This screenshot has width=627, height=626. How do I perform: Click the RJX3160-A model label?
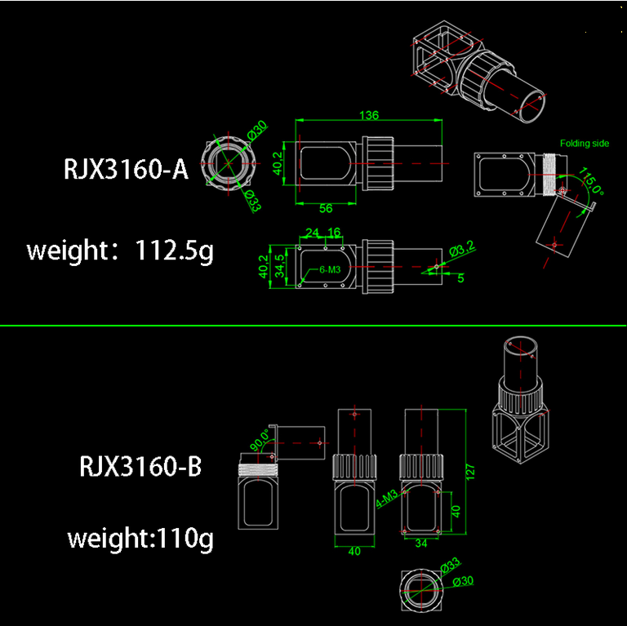[126, 169]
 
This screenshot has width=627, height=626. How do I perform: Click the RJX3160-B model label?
[140, 466]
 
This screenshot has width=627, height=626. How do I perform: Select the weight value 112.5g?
[175, 251]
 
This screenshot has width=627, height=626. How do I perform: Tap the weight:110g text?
[140, 538]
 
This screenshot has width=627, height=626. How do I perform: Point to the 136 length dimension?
[369, 115]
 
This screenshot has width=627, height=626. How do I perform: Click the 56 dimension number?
[326, 208]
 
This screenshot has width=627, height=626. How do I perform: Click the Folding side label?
[585, 143]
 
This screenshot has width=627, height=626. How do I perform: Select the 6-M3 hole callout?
[330, 270]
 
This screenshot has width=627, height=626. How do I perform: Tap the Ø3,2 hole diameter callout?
[462, 249]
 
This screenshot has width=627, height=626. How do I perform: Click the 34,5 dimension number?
[280, 266]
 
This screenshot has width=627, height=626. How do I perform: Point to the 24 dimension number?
[313, 233]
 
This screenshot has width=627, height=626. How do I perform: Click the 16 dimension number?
[334, 233]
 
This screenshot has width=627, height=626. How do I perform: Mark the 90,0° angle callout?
[260, 439]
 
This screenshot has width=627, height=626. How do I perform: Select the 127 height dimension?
[470, 472]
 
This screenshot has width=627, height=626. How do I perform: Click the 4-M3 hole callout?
[387, 499]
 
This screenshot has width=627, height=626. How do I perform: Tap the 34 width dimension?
[421, 543]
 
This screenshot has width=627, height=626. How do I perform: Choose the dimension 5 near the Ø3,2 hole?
[460, 277]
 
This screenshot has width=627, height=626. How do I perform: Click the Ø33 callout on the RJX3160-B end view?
[451, 566]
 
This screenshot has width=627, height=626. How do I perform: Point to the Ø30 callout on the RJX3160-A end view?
[257, 130]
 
